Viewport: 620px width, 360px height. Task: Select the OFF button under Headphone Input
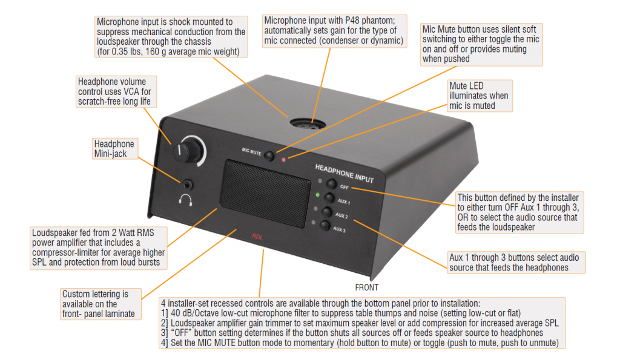pos(331,184)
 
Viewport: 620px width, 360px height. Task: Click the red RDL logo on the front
pos(257,237)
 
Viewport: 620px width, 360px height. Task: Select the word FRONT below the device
pos(367,287)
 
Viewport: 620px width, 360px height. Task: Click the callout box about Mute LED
pos(480,96)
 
